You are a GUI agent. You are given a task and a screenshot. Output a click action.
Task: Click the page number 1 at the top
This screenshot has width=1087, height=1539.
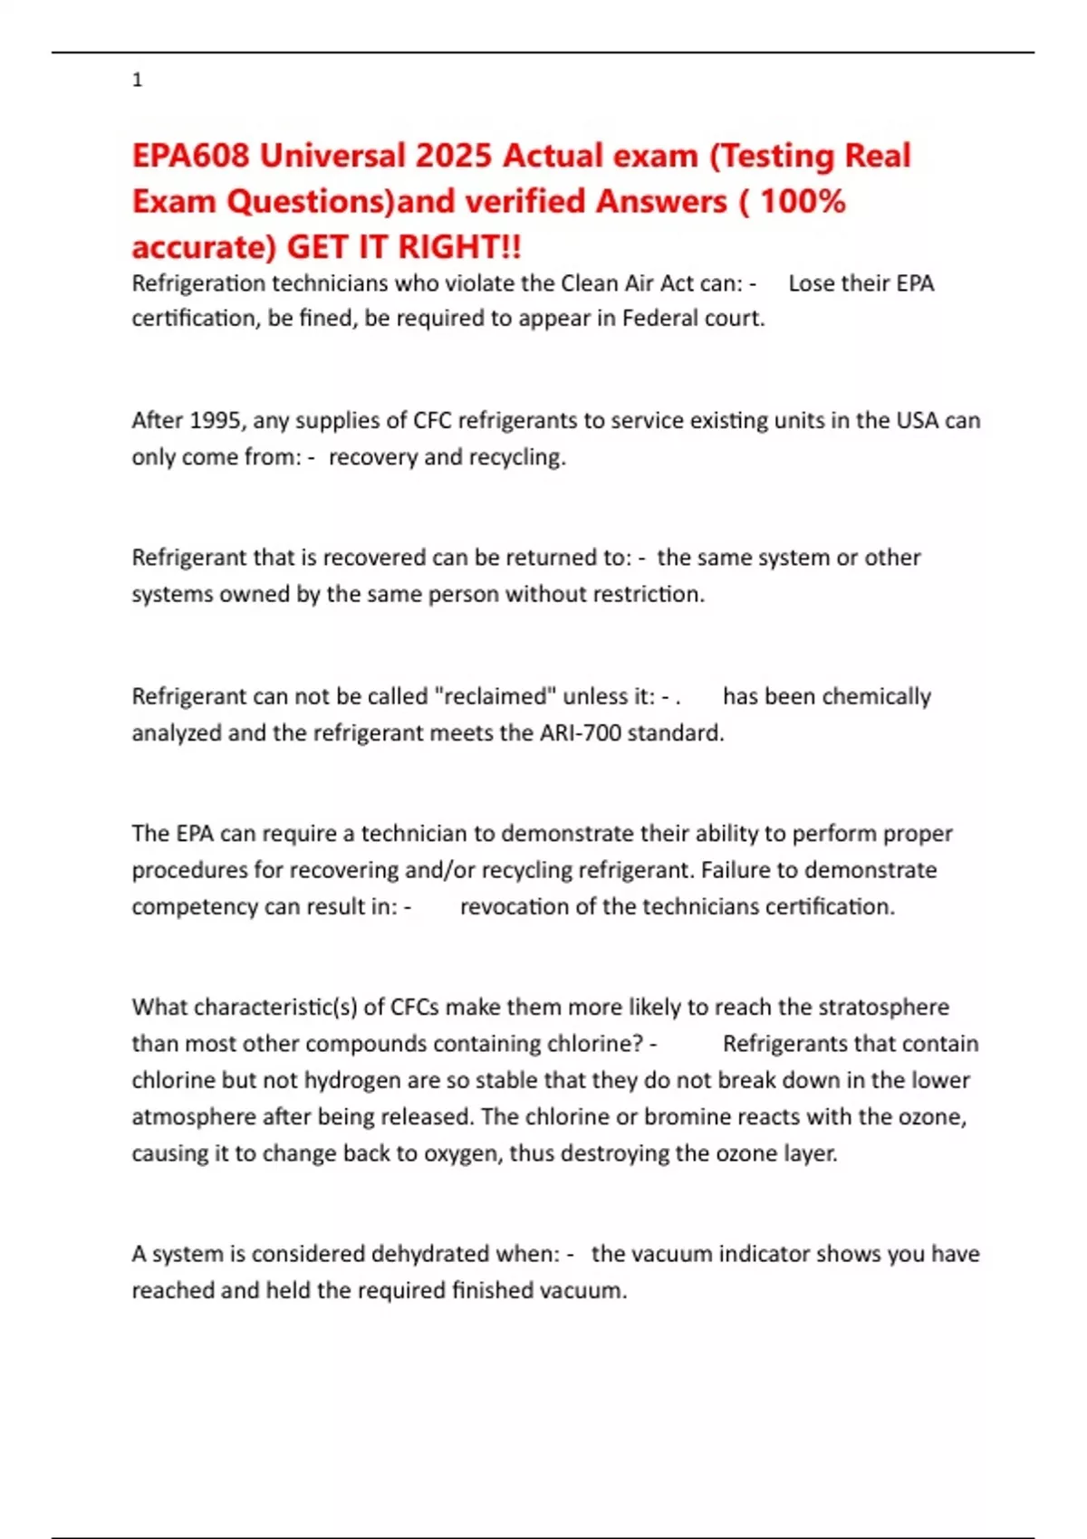137,80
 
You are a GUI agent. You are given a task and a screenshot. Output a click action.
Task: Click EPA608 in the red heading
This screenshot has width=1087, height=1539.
190,156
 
